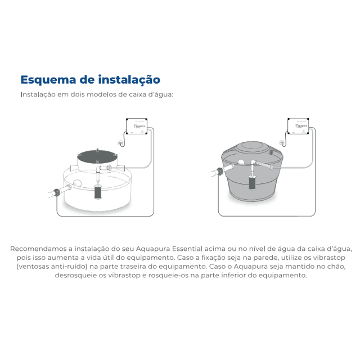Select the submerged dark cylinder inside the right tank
[x=251, y=183]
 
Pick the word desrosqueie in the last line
[x=76, y=276]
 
